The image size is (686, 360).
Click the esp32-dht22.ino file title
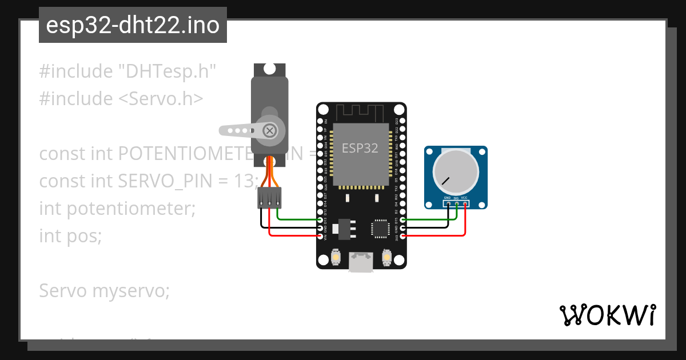(133, 26)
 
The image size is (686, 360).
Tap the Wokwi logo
(607, 315)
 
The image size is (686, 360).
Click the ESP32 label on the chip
(360, 148)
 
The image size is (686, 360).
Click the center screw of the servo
(269, 130)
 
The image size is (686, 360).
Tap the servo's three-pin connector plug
(269, 198)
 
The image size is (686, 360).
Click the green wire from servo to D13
(297, 219)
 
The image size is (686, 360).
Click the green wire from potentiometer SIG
(429, 219)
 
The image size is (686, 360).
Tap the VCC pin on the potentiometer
(465, 203)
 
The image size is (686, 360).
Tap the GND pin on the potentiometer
(449, 203)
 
